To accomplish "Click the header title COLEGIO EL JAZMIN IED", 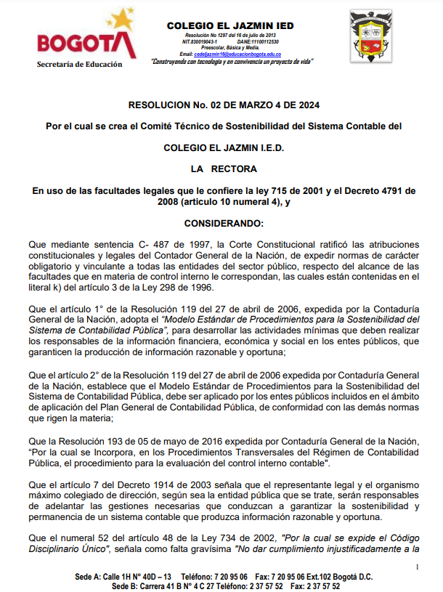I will click(x=230, y=25).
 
